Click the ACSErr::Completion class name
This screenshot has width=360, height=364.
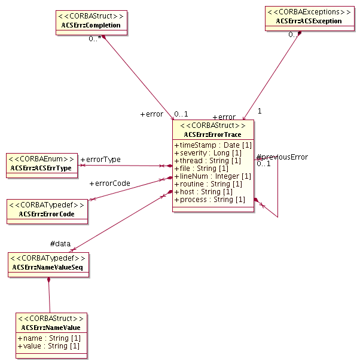click(91, 26)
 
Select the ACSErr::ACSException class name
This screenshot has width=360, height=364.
click(309, 21)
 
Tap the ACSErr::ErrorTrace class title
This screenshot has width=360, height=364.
click(213, 134)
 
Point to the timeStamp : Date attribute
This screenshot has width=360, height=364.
click(213, 145)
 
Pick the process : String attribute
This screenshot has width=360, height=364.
click(209, 199)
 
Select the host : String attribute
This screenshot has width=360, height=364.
click(203, 191)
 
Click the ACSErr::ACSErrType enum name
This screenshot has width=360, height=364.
click(41, 169)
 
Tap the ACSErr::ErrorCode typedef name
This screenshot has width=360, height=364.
click(47, 213)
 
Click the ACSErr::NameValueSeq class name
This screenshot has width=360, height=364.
click(49, 267)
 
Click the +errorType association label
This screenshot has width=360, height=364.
click(100, 160)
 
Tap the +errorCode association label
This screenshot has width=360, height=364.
click(109, 183)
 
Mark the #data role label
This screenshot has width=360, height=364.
click(61, 243)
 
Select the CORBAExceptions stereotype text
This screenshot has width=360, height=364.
click(309, 12)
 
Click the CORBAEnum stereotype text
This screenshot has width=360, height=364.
click(41, 159)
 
